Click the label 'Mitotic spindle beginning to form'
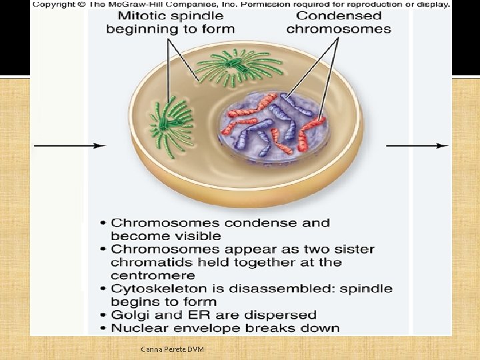tap(170, 22)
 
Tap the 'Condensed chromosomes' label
tap(339, 22)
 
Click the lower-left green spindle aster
tap(169, 124)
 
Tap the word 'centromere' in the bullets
tap(153, 275)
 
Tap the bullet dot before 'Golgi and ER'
tap(103, 315)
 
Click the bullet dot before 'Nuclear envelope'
tap(103, 328)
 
